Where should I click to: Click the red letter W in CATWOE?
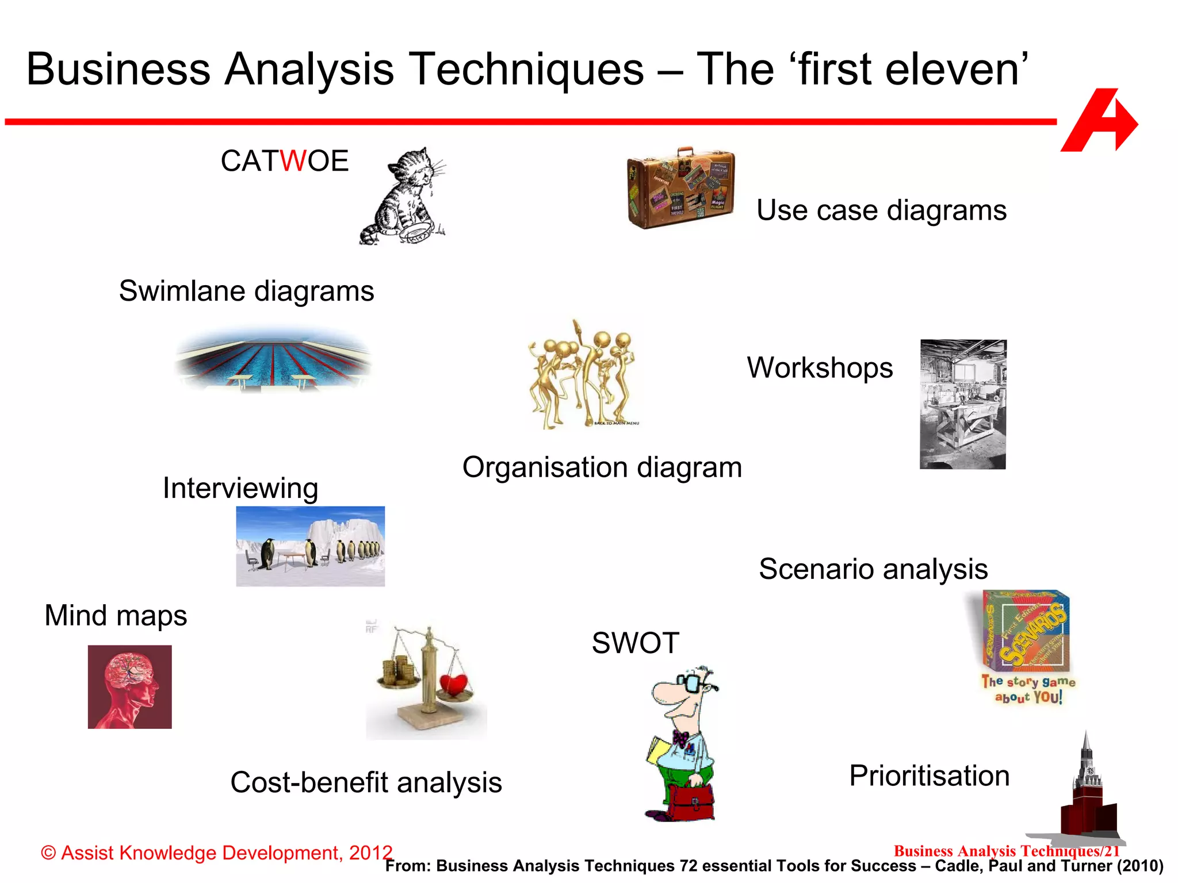click(x=293, y=161)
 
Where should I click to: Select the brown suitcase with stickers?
click(x=681, y=187)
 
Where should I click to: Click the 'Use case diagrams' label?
click(x=881, y=210)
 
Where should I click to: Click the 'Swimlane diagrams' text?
click(x=246, y=291)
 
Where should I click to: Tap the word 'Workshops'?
click(x=820, y=368)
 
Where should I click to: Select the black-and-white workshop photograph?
click(x=963, y=404)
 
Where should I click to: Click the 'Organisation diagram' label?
click(x=602, y=467)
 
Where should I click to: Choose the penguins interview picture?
click(x=310, y=546)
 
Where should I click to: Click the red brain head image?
click(x=130, y=687)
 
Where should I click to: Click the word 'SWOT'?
click(x=636, y=643)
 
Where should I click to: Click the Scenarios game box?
click(x=1026, y=631)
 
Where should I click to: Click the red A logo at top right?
click(x=1099, y=121)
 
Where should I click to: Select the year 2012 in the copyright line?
click(x=370, y=853)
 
